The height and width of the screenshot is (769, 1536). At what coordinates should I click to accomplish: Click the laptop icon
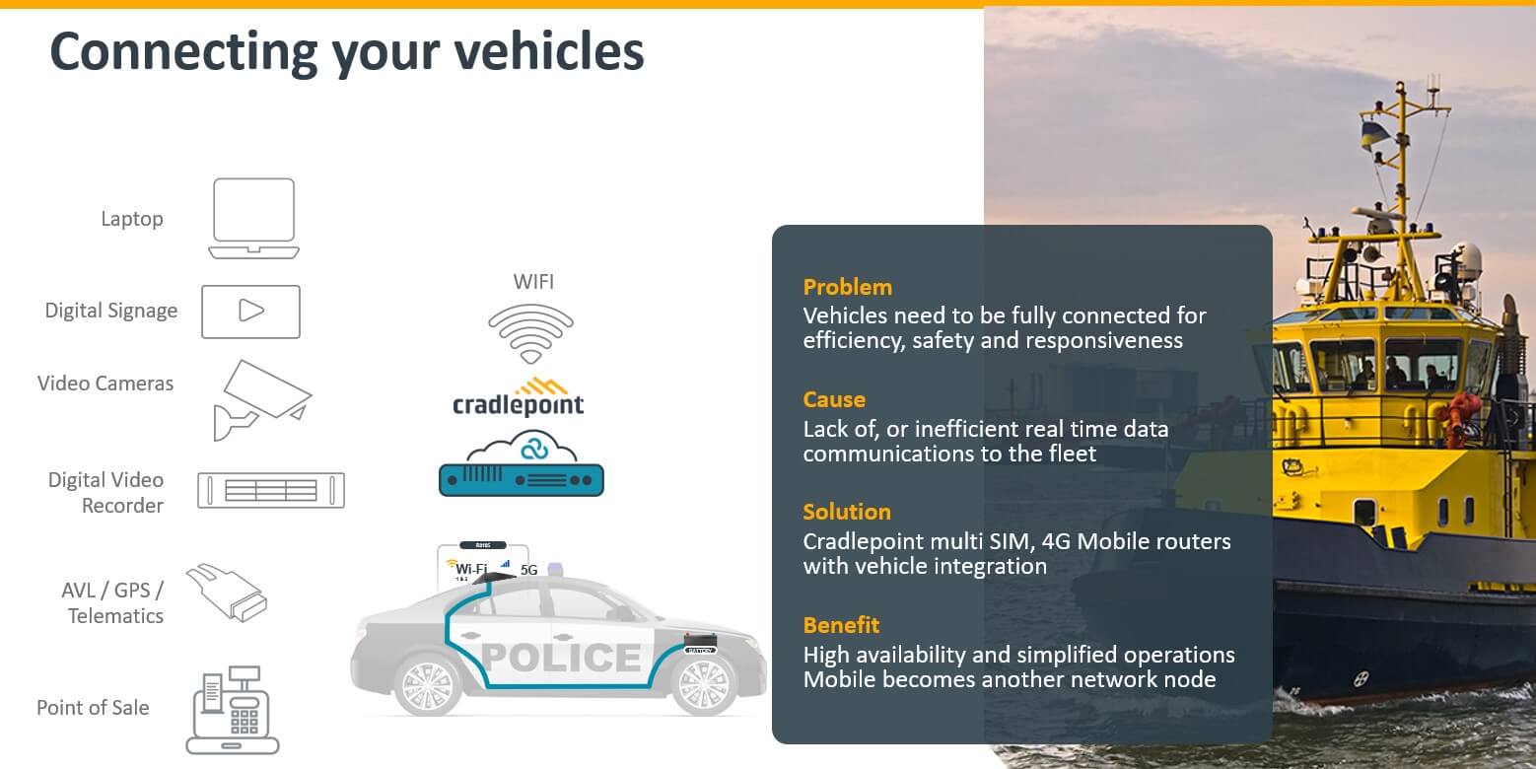(253, 218)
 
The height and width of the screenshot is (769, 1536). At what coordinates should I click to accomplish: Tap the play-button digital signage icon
(250, 312)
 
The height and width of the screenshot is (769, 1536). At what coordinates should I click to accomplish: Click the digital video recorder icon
(270, 490)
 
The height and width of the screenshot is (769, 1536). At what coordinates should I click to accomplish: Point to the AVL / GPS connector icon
(227, 592)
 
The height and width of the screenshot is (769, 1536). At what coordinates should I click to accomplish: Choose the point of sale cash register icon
(233, 710)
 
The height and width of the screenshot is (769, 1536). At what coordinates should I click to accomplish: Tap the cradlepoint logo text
(518, 403)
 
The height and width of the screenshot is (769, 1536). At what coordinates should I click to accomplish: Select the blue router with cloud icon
(521, 466)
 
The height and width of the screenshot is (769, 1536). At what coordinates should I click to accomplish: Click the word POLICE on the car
(561, 657)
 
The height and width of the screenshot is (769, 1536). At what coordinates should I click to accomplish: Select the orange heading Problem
(847, 287)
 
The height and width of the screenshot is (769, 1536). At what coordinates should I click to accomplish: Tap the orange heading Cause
(834, 399)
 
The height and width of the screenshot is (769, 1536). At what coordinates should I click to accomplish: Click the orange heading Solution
(846, 512)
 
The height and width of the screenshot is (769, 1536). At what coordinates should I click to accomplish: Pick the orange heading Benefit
(841, 625)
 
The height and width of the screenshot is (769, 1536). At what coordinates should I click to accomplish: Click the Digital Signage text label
(111, 311)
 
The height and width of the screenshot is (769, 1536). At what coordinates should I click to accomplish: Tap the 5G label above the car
(528, 570)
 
